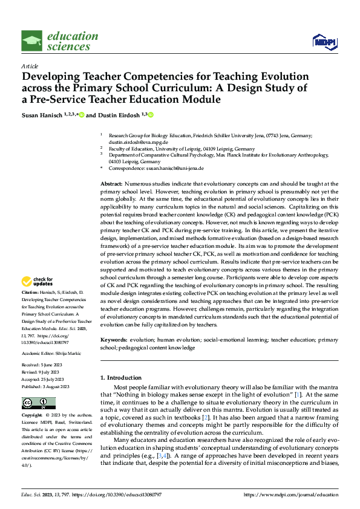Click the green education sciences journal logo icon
tap(32, 41)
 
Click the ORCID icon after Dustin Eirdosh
tap(151, 114)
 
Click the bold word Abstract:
tap(111, 183)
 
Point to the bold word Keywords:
tap(114, 341)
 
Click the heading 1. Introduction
tap(120, 378)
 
